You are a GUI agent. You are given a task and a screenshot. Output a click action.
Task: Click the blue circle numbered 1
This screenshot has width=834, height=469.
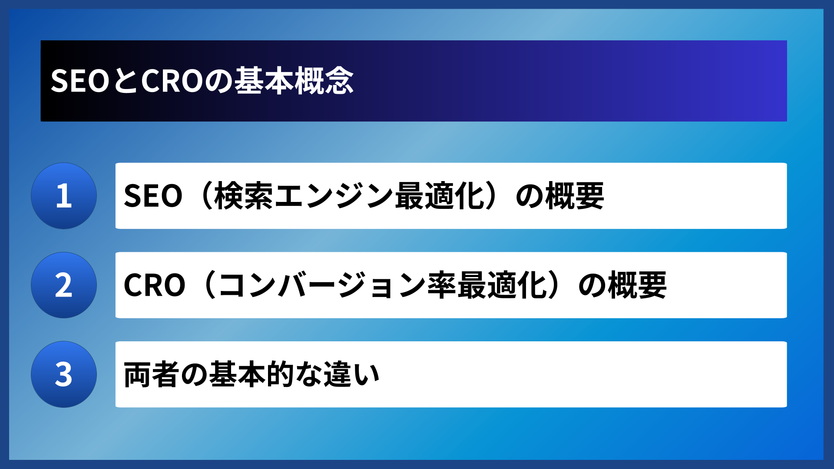(64, 196)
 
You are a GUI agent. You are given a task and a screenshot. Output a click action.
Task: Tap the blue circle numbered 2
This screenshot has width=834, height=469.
(64, 285)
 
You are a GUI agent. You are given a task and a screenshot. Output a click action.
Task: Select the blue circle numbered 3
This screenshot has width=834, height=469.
(64, 374)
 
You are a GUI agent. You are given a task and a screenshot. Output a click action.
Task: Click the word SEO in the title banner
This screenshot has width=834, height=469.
(79, 81)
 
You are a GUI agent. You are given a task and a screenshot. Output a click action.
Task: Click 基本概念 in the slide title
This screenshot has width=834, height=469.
(294, 81)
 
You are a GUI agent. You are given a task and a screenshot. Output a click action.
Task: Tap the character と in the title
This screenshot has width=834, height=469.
(125, 81)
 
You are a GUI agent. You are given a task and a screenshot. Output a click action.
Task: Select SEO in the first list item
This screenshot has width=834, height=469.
(153, 196)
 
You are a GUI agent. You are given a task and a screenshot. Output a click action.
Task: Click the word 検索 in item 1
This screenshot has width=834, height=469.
(244, 196)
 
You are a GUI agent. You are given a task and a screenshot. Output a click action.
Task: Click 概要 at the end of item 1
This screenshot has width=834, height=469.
(574, 196)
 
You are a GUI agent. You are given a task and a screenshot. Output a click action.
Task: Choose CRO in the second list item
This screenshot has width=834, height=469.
(154, 285)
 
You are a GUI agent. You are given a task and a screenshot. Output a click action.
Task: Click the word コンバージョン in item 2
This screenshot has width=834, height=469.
(321, 285)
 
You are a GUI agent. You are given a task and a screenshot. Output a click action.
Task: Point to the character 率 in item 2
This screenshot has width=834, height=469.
(442, 285)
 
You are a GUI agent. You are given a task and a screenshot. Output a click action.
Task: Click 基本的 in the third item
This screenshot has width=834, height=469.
(252, 374)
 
